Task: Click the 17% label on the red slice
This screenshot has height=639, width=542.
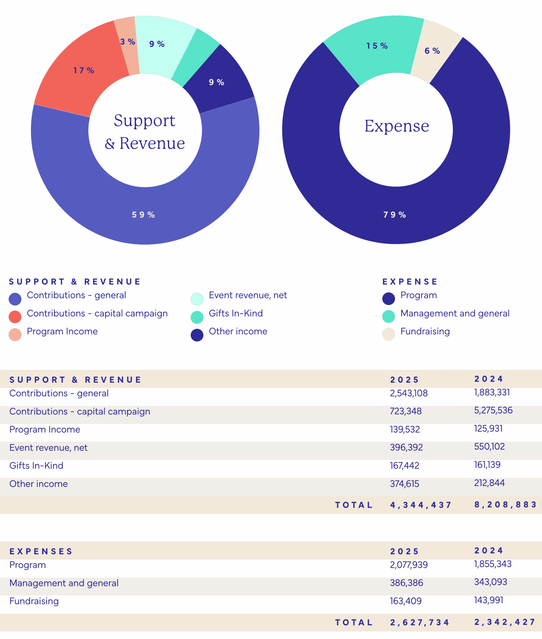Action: pyautogui.click(x=84, y=70)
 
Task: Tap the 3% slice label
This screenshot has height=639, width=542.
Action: pyautogui.click(x=128, y=41)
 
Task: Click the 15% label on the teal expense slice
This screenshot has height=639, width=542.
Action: pyautogui.click(x=377, y=46)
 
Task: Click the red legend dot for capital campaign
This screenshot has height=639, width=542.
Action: pyautogui.click(x=15, y=317)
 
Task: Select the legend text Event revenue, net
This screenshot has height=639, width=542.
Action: pyautogui.click(x=248, y=295)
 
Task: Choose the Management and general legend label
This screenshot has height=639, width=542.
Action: pyautogui.click(x=455, y=313)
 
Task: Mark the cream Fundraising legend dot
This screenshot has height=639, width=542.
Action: pyautogui.click(x=388, y=334)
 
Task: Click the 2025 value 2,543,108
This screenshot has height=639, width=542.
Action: pyautogui.click(x=409, y=393)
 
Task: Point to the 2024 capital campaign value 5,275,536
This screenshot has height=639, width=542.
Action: pyautogui.click(x=493, y=410)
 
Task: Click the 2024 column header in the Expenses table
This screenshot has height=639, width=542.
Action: pyautogui.click(x=489, y=550)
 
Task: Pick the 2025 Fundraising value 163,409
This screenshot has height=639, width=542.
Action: pyautogui.click(x=406, y=601)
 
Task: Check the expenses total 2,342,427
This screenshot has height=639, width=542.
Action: pyautogui.click(x=505, y=622)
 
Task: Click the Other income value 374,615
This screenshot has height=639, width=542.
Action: pyautogui.click(x=404, y=484)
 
